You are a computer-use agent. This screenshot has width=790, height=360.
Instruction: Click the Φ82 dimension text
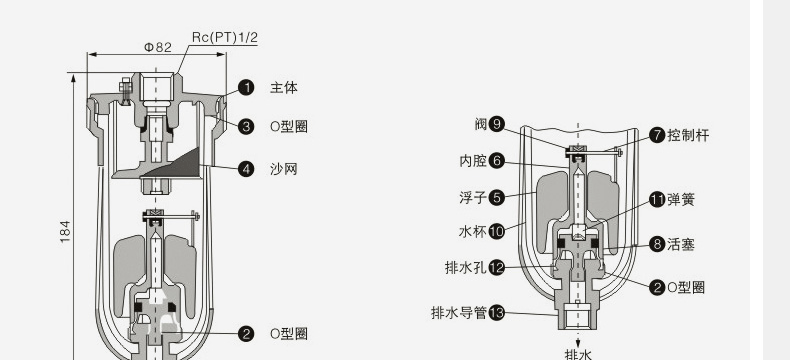159,47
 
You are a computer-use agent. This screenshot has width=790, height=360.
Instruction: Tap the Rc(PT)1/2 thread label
225,37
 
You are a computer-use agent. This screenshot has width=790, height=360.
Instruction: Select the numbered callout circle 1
246,88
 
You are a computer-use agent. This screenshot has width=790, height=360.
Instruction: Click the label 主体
284,88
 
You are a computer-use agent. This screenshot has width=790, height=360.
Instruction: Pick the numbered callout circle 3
246,126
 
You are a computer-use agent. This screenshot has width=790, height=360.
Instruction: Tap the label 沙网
284,169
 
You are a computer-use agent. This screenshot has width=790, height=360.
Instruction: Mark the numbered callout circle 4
246,169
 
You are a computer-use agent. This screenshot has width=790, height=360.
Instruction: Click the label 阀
481,124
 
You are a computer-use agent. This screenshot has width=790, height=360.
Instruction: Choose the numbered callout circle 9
497,124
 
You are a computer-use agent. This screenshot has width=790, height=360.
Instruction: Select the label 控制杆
688,135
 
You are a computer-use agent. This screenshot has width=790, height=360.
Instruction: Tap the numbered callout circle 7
658,135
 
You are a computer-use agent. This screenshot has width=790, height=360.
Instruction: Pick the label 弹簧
681,199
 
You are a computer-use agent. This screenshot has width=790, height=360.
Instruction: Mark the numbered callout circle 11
658,199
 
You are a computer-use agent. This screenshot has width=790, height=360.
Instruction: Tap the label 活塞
681,243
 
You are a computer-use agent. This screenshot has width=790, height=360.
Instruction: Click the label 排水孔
465,268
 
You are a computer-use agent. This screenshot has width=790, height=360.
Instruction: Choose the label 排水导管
458,312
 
